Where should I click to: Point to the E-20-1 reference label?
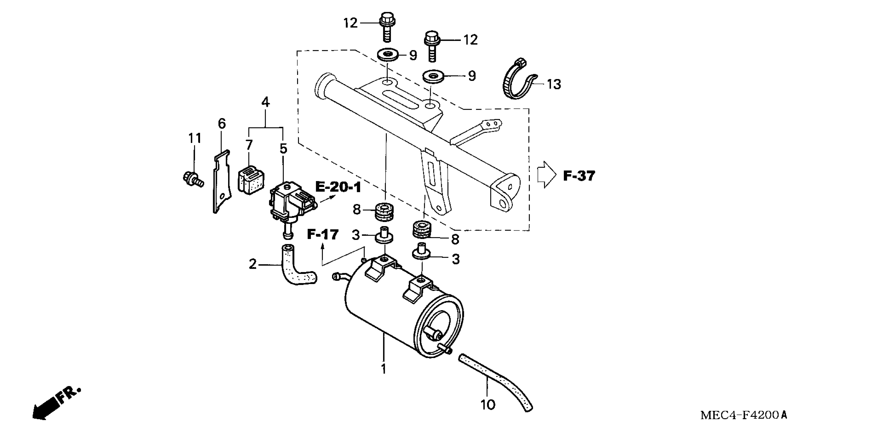338,188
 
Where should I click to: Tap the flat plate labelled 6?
221,182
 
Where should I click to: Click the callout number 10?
488,405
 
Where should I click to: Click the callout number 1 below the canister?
384,369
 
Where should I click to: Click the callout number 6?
222,124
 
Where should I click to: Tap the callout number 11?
195,139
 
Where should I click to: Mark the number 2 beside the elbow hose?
253,264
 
